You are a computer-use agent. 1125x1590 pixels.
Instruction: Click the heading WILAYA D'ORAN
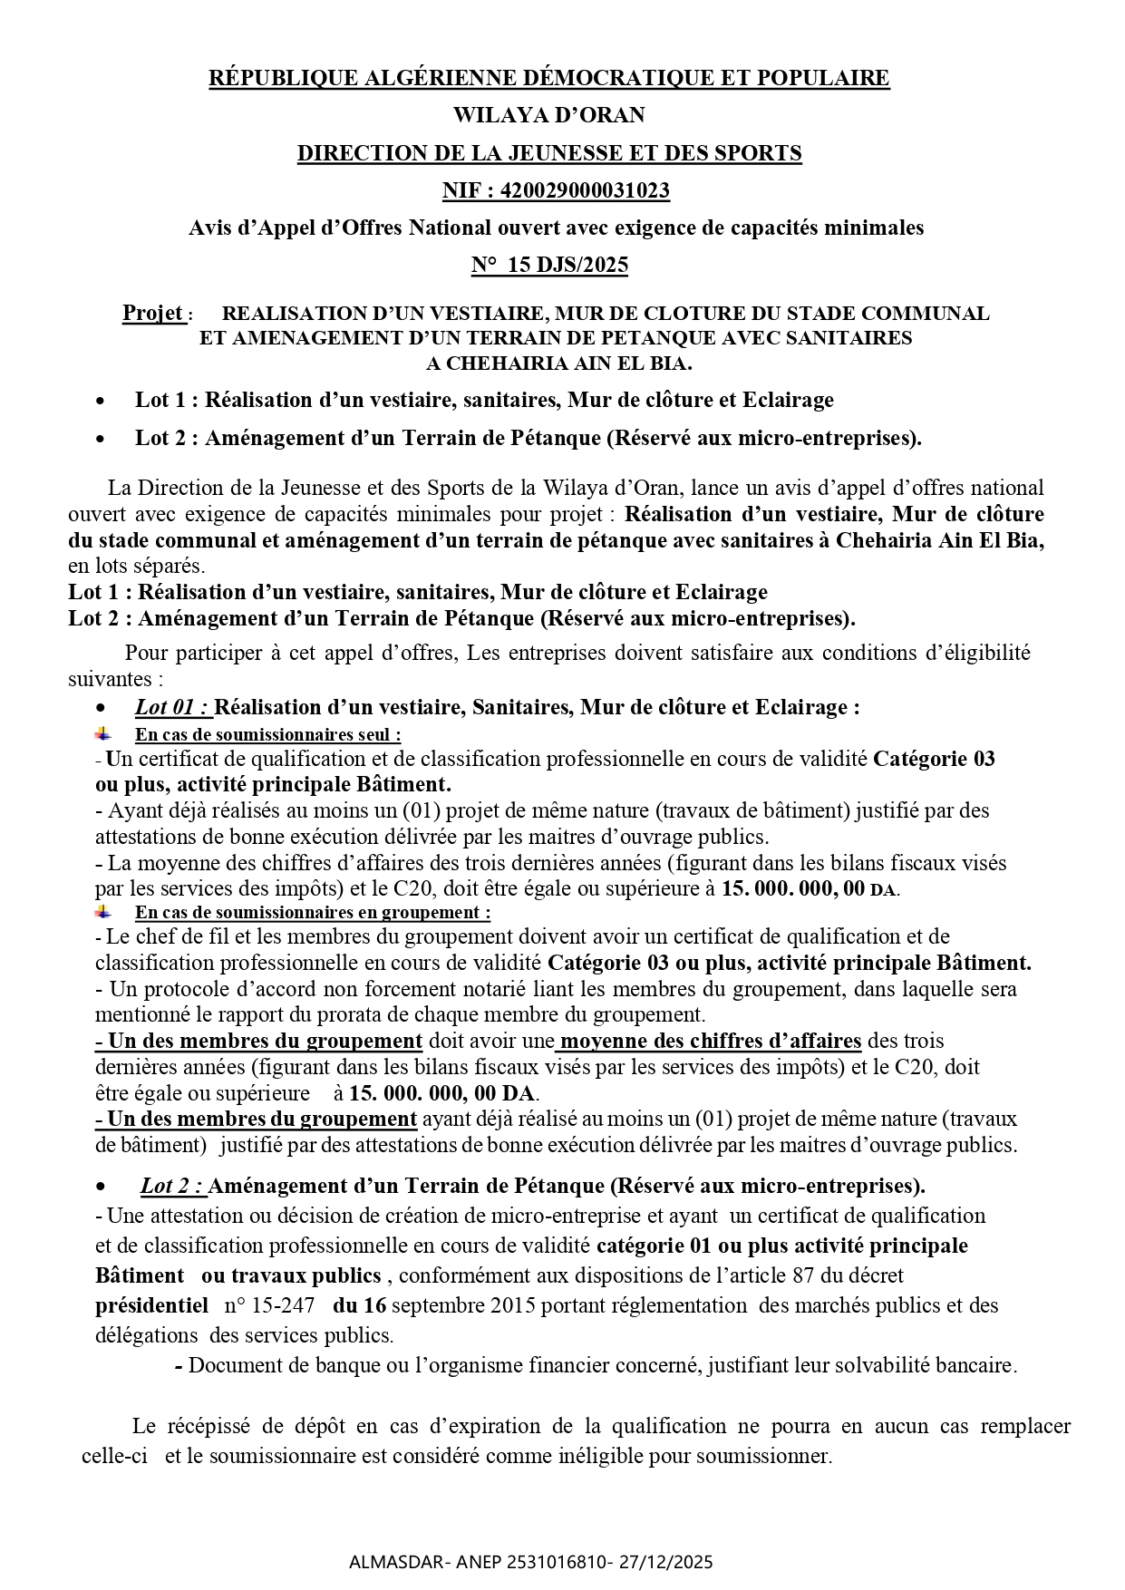[548, 115]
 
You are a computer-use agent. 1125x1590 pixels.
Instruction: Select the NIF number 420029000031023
[590, 190]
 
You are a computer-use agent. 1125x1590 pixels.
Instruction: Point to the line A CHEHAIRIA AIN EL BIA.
[558, 364]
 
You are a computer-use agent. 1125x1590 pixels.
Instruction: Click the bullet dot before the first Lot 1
[102, 401]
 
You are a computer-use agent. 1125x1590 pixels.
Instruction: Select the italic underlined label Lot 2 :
[173, 1186]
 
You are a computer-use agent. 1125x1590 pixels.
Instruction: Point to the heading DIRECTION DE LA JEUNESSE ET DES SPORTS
[549, 153]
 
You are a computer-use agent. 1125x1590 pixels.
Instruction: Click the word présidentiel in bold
[151, 1305]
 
